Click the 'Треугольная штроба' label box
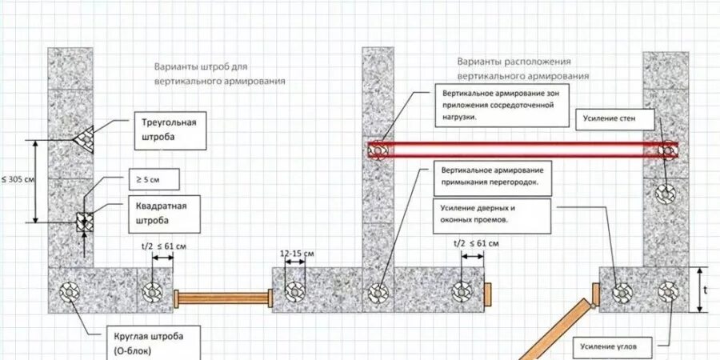click(x=167, y=130)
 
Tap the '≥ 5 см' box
click(x=153, y=178)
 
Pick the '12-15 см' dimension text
click(x=297, y=254)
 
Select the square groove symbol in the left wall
click(x=82, y=221)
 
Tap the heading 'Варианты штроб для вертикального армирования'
click(x=220, y=74)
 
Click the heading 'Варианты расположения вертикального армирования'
click(x=523, y=68)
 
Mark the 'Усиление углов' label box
click(x=614, y=346)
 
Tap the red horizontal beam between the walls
click(x=520, y=150)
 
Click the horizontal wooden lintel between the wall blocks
click(x=223, y=298)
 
